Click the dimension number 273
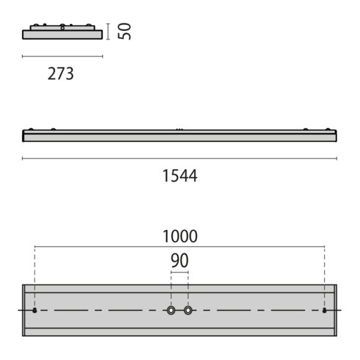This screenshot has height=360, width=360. point(61,74)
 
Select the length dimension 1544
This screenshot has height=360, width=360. point(179,176)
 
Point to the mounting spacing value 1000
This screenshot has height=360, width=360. point(179,236)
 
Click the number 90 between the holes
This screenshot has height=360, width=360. point(179,260)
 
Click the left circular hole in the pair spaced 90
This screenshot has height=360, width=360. point(171,311)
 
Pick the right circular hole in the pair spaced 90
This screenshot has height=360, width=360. point(188,311)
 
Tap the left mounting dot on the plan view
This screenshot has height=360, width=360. point(35,311)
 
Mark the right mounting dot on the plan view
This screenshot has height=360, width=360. point(324,311)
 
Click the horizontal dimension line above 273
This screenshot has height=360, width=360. point(62,57)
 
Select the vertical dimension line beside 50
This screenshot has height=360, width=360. point(108,31)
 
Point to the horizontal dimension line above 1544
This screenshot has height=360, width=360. point(179,158)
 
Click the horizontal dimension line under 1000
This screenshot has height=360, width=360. point(179,248)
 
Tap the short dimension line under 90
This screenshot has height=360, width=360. point(179,273)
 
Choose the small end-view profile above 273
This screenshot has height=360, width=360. point(62,34)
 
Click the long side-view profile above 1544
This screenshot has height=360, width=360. point(179,136)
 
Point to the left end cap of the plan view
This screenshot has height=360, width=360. point(24,310)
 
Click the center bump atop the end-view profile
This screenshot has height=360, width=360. point(62,27)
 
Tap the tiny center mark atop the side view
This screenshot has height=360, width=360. point(179,129)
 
